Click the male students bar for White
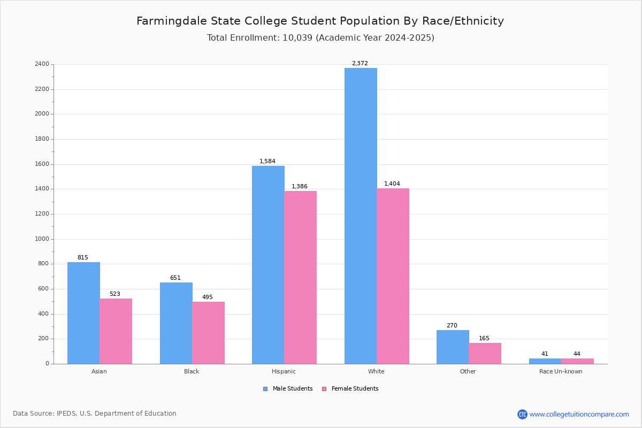(361, 216)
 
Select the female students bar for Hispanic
(300, 278)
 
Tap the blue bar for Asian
(83, 313)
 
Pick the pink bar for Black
(208, 333)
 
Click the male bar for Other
(453, 347)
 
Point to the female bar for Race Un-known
(577, 361)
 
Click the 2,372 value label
(360, 63)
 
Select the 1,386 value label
(300, 186)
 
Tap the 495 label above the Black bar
(208, 297)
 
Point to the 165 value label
(484, 338)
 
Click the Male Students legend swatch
(265, 389)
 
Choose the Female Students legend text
(355, 388)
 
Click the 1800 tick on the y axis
(42, 139)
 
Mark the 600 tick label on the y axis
(44, 289)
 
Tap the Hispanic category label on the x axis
(284, 371)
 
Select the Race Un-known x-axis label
(561, 371)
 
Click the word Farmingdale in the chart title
(172, 21)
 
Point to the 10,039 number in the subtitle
(297, 38)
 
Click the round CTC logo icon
(522, 414)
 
